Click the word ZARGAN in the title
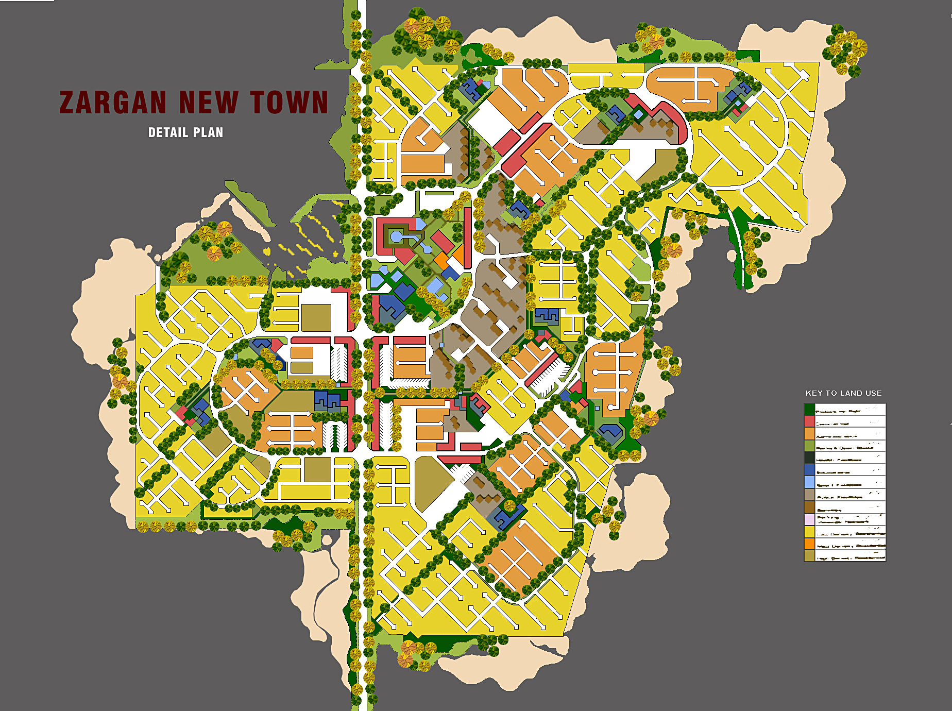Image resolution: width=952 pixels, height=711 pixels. click(x=113, y=103)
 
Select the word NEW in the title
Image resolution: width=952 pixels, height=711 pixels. click(x=209, y=103)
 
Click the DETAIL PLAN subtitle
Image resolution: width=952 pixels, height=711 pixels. click(x=185, y=132)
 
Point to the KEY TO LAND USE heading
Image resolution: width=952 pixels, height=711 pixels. click(x=843, y=393)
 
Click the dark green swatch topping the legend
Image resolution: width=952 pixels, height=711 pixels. click(x=809, y=409)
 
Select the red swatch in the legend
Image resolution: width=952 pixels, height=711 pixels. click(x=809, y=421)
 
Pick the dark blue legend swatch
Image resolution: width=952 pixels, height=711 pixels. click(x=809, y=470)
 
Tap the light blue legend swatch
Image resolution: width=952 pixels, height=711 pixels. click(x=809, y=482)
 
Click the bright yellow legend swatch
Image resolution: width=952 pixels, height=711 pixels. click(x=809, y=532)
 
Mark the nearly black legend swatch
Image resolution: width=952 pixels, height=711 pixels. click(x=809, y=458)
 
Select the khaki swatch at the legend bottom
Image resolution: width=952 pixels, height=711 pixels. click(x=809, y=555)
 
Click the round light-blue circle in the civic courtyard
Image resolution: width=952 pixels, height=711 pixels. click(x=396, y=236)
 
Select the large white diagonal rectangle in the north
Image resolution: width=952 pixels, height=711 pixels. click(x=489, y=124)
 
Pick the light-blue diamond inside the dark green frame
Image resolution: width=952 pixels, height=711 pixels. click(x=639, y=114)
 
